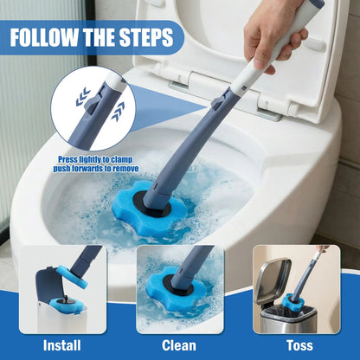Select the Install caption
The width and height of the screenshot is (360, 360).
pos(62,344)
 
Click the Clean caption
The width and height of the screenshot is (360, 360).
pos(178,344)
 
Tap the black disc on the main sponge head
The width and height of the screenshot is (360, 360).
pos(156,202)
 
